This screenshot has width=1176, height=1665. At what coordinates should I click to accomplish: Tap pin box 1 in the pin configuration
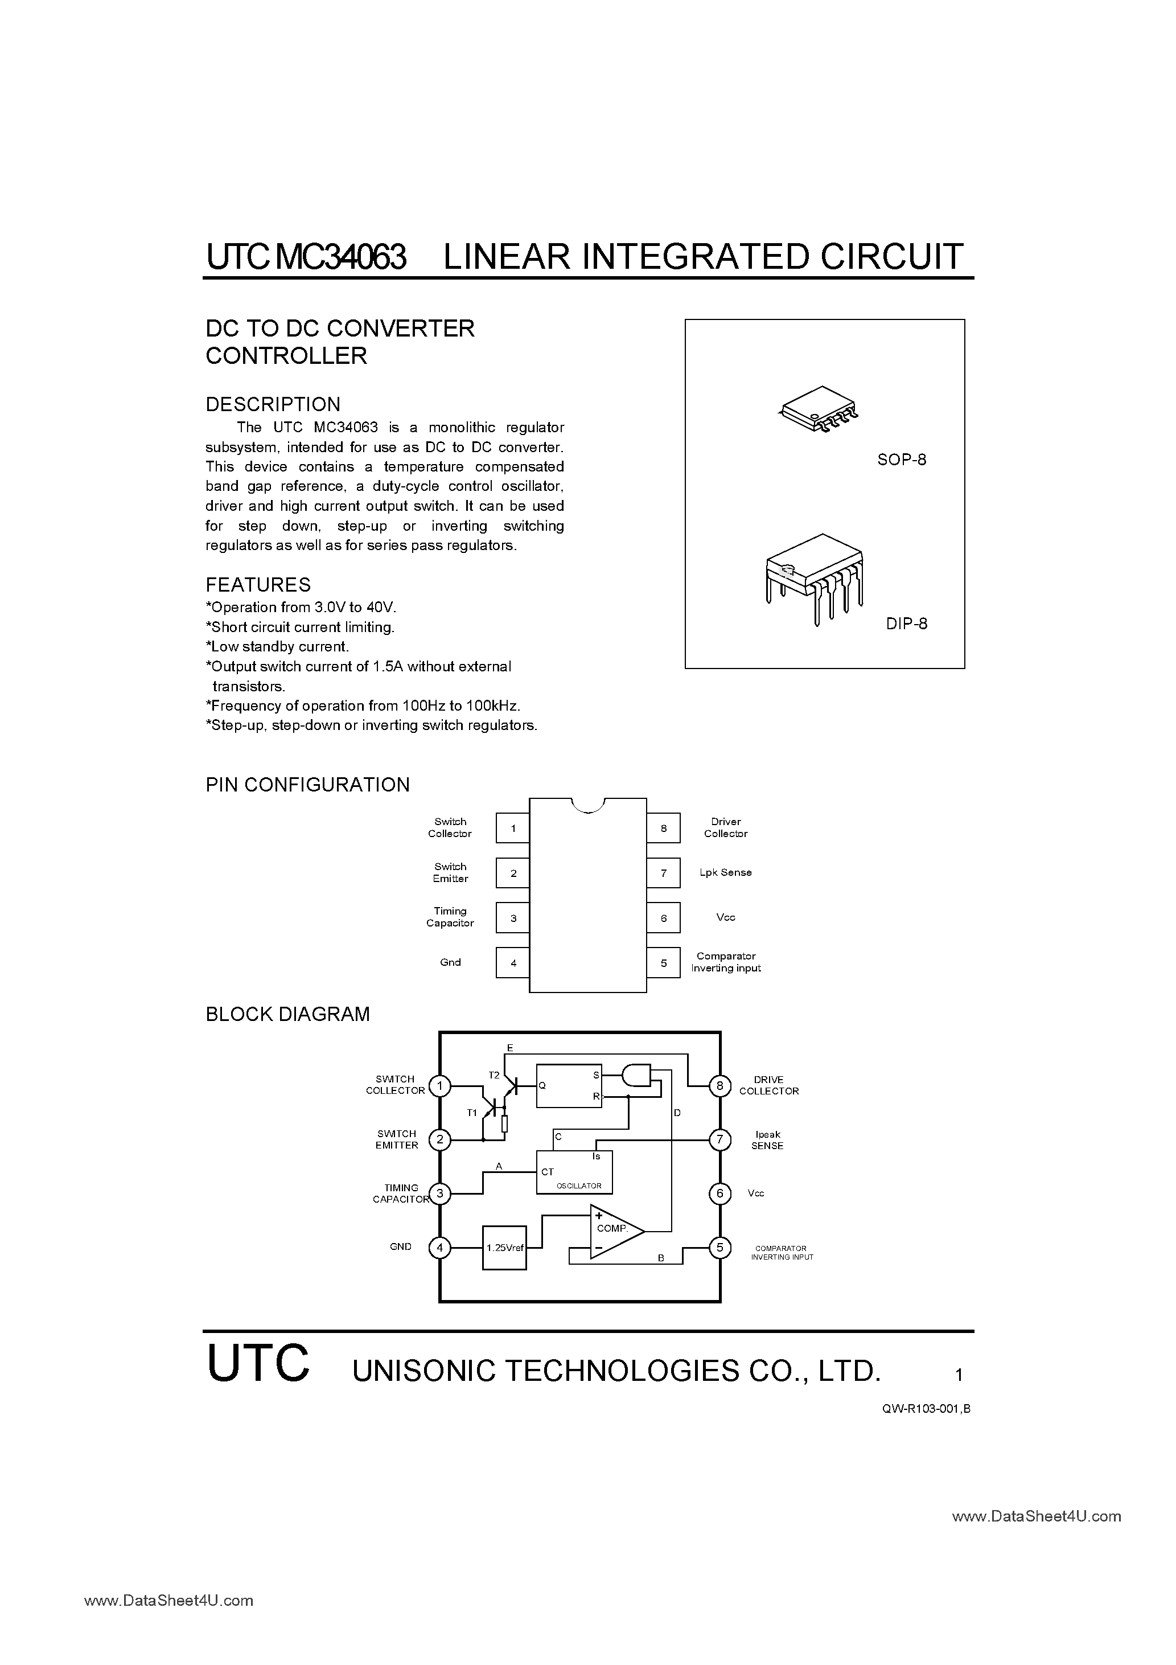click(x=513, y=828)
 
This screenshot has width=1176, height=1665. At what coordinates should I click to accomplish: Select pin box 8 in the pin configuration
click(x=663, y=828)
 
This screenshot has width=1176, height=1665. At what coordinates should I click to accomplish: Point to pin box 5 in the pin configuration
click(x=663, y=963)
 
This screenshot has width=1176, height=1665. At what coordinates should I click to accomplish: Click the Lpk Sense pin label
click(x=725, y=872)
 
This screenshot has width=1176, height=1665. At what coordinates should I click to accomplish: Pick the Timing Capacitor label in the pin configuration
click(x=450, y=917)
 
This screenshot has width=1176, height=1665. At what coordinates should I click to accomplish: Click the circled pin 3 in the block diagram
click(x=439, y=1193)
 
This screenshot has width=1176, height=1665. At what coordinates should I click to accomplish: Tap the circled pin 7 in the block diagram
click(x=719, y=1139)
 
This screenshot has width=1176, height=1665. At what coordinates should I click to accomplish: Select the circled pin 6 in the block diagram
click(x=719, y=1193)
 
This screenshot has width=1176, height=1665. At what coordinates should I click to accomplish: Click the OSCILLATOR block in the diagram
click(x=574, y=1172)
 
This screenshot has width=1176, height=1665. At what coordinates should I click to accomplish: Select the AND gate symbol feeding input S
click(x=636, y=1076)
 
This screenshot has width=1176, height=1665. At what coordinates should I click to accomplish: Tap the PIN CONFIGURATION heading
click(x=307, y=785)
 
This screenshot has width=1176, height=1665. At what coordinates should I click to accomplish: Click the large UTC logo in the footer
click(x=258, y=1363)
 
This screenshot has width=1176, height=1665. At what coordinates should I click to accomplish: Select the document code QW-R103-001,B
click(x=926, y=1408)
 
